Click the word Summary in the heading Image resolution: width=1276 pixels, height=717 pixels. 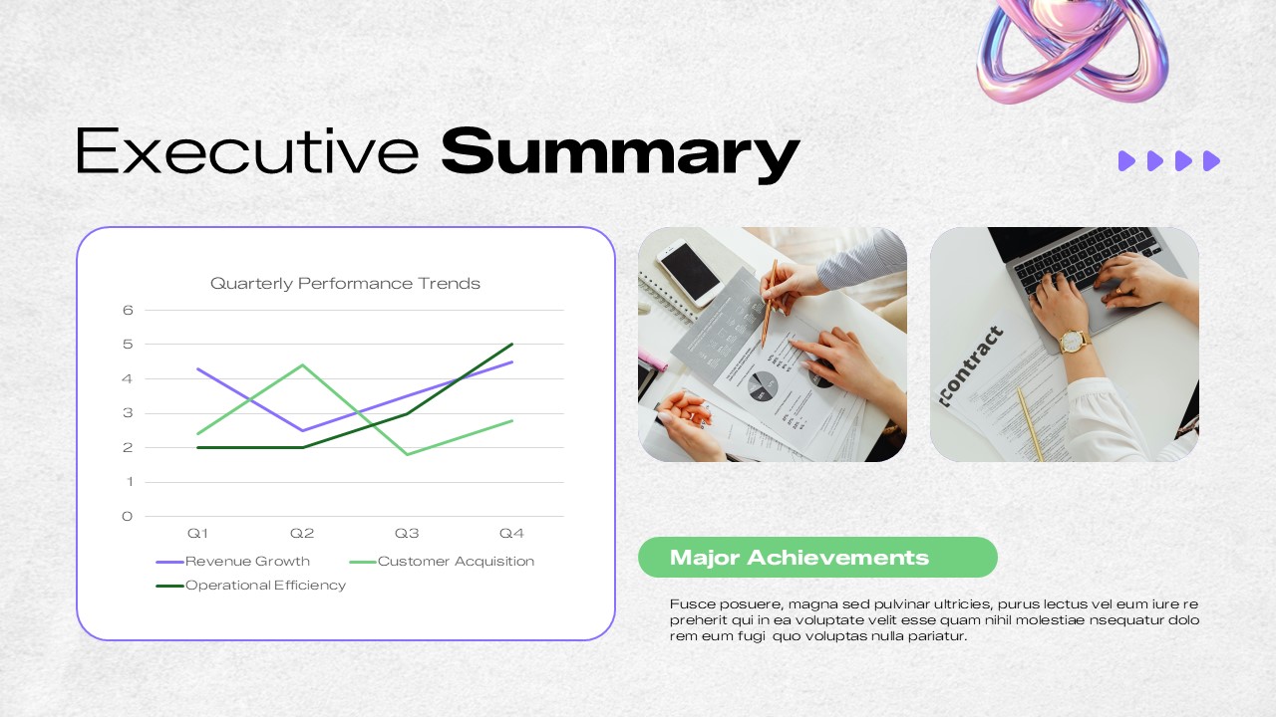click(620, 152)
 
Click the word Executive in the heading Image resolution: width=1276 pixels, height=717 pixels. click(247, 152)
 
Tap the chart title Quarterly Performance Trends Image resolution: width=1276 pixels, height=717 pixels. click(345, 284)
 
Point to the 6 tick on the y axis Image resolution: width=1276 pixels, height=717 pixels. click(128, 310)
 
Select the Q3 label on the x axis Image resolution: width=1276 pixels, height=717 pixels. click(407, 534)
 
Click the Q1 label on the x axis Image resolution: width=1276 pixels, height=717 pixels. click(197, 534)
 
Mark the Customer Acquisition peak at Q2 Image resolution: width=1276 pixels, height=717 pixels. click(302, 364)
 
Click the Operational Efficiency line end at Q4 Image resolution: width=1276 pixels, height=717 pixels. click(511, 345)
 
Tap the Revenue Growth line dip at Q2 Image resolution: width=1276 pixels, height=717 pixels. click(302, 430)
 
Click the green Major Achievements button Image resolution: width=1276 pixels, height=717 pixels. click(817, 558)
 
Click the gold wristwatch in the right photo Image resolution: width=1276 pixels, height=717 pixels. click(1073, 341)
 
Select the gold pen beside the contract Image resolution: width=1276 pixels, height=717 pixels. click(1030, 423)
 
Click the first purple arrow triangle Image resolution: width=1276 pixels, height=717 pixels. click(1126, 161)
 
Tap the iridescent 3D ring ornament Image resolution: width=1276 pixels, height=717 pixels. click(1073, 50)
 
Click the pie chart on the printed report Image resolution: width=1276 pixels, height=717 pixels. click(763, 386)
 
